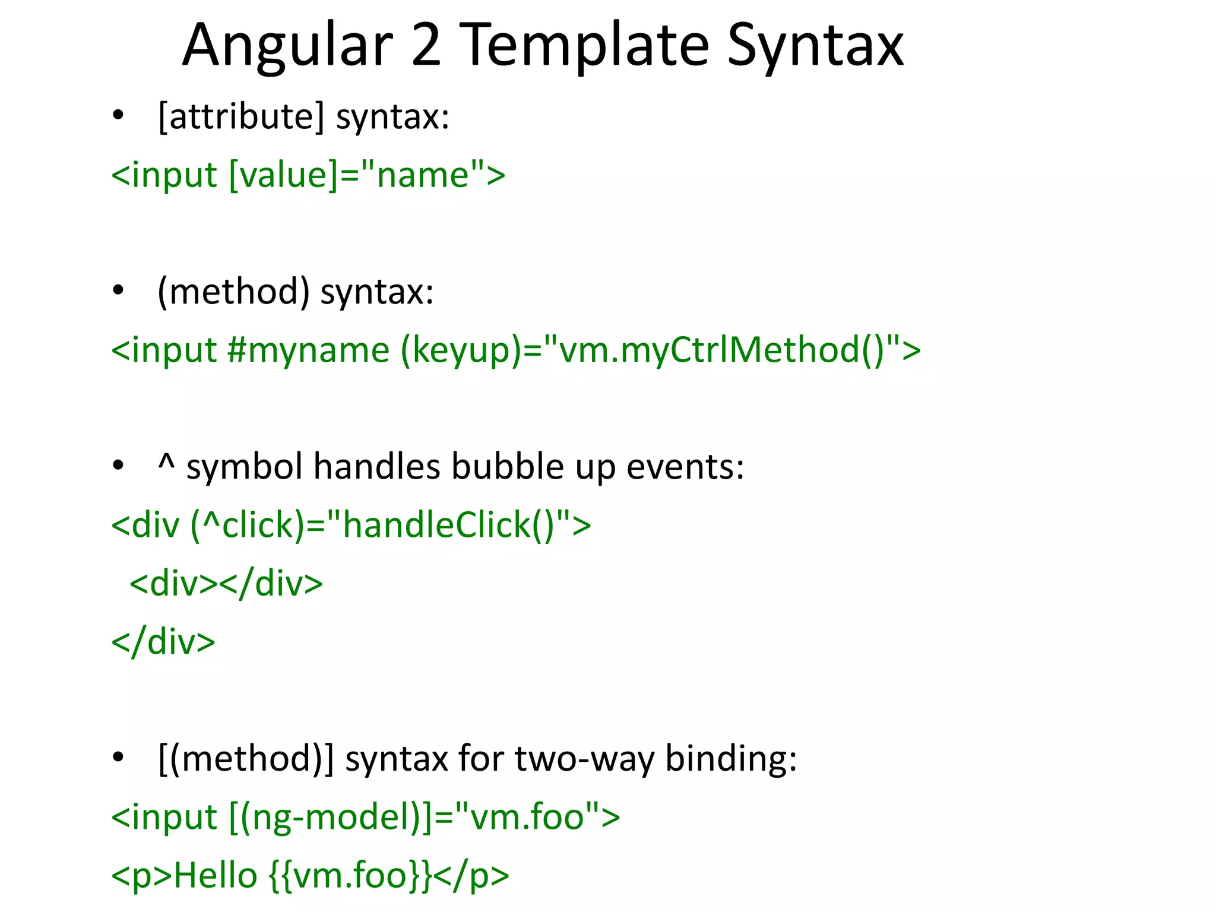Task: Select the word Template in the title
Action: (584, 46)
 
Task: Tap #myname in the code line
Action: (308, 350)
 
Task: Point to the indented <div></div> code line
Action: (226, 584)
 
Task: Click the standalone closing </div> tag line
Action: (163, 642)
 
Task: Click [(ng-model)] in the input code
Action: (330, 818)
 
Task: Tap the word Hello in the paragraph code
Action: (216, 876)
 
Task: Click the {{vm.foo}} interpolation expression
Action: (350, 876)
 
